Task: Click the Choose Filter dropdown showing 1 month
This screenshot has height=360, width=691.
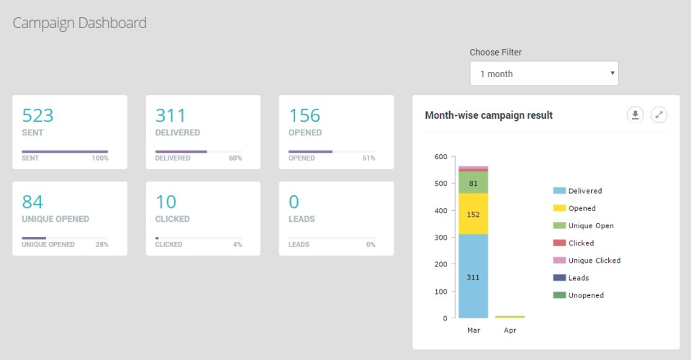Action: [543, 73]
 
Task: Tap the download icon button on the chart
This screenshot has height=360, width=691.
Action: [635, 114]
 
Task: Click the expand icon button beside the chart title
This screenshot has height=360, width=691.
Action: [659, 114]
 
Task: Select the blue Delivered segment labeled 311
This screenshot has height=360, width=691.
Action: [473, 276]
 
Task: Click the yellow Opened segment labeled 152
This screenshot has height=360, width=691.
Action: [473, 214]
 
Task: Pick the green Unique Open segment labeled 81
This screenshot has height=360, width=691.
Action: [473, 183]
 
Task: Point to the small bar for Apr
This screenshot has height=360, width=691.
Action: [510, 317]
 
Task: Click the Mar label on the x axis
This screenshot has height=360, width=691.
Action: [473, 330]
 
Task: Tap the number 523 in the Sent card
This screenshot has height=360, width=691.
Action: [37, 115]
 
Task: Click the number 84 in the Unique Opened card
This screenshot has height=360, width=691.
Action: [32, 202]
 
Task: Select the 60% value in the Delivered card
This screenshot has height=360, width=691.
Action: [235, 158]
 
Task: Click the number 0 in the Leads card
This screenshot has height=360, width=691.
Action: [294, 202]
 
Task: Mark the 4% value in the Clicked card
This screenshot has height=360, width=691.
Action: [237, 245]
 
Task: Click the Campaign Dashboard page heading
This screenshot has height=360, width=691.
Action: [79, 23]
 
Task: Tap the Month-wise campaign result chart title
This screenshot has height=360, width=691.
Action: [489, 115]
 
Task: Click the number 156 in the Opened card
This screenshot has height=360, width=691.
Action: [304, 115]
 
